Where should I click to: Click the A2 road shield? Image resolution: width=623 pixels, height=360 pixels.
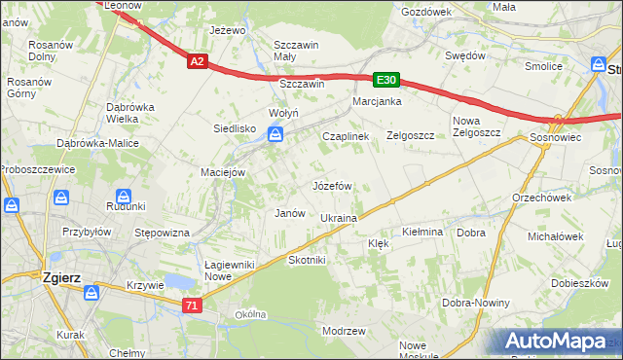198,61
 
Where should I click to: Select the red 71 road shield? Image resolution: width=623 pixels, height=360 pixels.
192,306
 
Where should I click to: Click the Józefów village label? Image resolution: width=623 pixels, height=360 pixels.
331,185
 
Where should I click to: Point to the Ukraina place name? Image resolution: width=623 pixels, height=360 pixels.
339,219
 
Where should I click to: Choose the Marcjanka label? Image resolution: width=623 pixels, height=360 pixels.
378,101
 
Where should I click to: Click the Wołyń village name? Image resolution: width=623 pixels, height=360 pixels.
283,114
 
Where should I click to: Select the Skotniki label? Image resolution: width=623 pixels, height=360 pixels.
307,260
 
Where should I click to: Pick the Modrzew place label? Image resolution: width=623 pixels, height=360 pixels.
344,331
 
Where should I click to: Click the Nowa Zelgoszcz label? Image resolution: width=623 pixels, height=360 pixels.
476,126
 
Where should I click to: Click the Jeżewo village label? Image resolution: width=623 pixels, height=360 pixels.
227,30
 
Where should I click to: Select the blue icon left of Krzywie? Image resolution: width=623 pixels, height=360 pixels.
92,292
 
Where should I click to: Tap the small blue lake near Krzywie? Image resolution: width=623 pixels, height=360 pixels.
178,281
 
